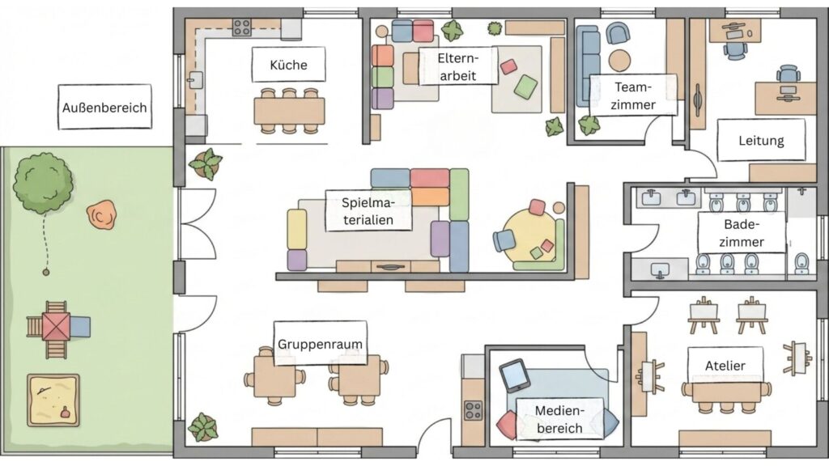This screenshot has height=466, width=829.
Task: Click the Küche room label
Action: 288,65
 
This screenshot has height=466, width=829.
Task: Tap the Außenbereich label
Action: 105,107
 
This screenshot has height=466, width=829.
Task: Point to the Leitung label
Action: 761,141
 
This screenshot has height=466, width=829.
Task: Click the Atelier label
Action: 725,366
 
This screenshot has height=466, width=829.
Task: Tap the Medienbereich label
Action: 559,419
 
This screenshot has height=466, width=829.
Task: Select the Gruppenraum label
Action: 319,344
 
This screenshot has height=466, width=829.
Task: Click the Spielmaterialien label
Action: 368,212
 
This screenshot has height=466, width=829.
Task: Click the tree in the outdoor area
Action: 42,183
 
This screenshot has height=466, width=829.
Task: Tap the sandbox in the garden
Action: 53,400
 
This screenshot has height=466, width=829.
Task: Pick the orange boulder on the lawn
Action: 101,216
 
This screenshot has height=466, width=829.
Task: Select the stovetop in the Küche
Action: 242,28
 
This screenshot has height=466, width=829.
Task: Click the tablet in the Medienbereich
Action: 515,375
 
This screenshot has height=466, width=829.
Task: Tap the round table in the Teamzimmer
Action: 619,61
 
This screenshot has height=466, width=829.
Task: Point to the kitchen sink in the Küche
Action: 194,79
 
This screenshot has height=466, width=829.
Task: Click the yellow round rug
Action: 529,236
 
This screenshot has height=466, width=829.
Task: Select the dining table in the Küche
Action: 289,109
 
